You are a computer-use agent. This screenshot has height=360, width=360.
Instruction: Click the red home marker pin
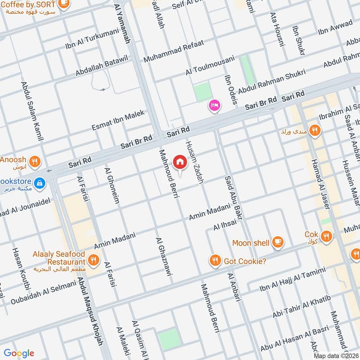click(180, 162)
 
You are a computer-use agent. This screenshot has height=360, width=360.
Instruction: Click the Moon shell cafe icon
click(278, 243)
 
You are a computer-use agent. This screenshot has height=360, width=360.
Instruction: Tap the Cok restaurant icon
click(326, 235)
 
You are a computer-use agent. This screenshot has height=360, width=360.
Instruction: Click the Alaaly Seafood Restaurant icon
click(94, 259)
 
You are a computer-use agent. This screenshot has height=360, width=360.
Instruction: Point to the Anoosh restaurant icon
click(35, 161)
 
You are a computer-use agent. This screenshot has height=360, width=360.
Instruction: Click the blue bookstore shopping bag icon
click(40, 183)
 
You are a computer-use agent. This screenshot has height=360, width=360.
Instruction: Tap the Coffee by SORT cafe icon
click(64, 4)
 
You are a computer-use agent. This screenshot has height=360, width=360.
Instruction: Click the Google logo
click(19, 353)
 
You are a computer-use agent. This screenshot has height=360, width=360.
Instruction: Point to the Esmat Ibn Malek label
click(118, 121)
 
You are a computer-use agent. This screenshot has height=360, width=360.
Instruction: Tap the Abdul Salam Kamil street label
click(31, 111)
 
